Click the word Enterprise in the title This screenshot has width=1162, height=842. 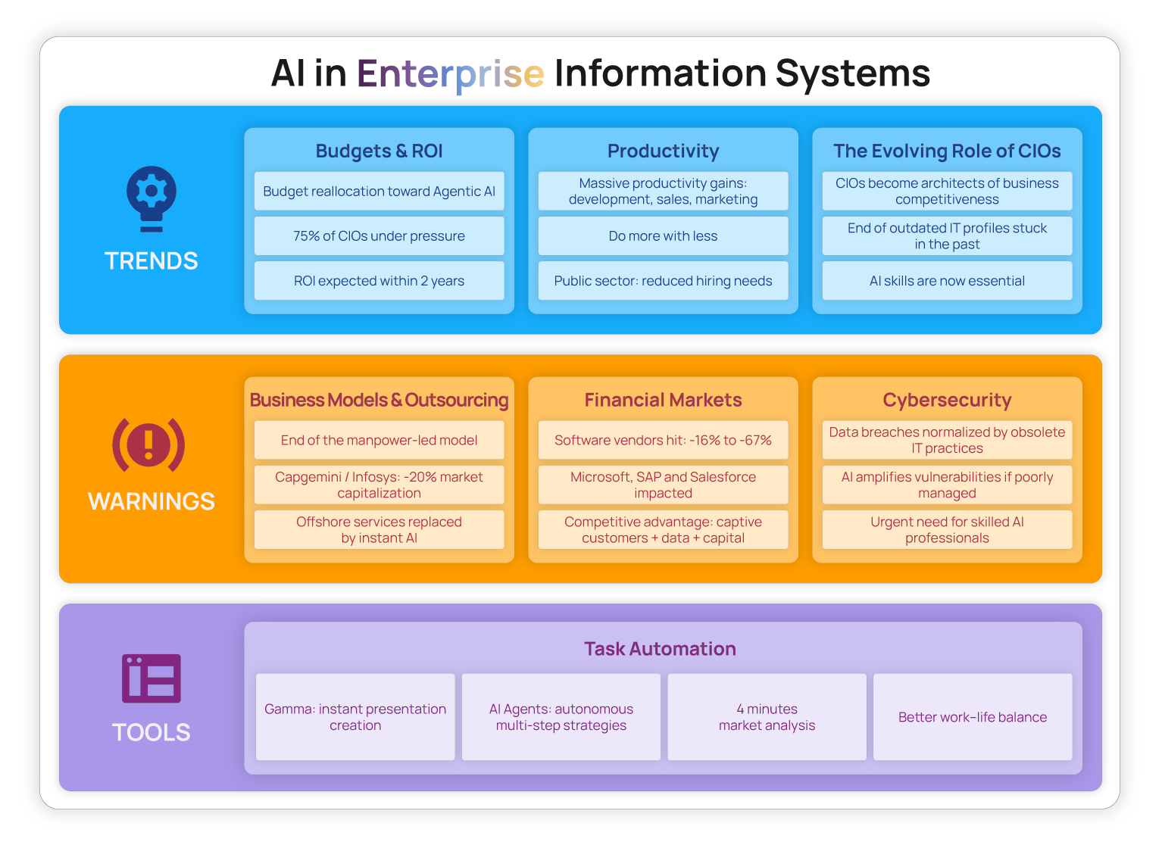[x=450, y=73]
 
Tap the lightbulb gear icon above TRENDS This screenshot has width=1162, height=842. [x=151, y=198]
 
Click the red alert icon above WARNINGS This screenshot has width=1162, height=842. [x=149, y=444]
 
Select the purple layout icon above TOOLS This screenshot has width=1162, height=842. [x=151, y=678]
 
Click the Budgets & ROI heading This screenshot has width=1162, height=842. [x=380, y=151]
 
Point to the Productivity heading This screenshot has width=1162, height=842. [x=663, y=151]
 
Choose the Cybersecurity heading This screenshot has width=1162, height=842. [x=947, y=400]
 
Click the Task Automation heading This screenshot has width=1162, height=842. [x=660, y=649]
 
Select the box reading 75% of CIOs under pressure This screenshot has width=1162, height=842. [x=380, y=236]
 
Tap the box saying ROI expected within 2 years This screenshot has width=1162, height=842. [x=380, y=280]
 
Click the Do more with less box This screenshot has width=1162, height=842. [x=663, y=236]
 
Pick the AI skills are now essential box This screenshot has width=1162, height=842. [x=947, y=280]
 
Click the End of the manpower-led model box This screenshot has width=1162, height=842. [x=380, y=440]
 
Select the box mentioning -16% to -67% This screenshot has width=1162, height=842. [x=663, y=440]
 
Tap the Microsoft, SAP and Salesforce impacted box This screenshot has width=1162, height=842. [x=663, y=485]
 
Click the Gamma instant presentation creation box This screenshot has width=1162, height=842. [x=355, y=717]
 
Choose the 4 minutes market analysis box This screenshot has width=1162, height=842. [x=767, y=717]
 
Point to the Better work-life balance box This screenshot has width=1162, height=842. [x=973, y=717]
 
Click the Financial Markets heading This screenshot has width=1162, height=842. [x=663, y=400]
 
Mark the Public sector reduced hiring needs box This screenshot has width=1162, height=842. [x=663, y=280]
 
